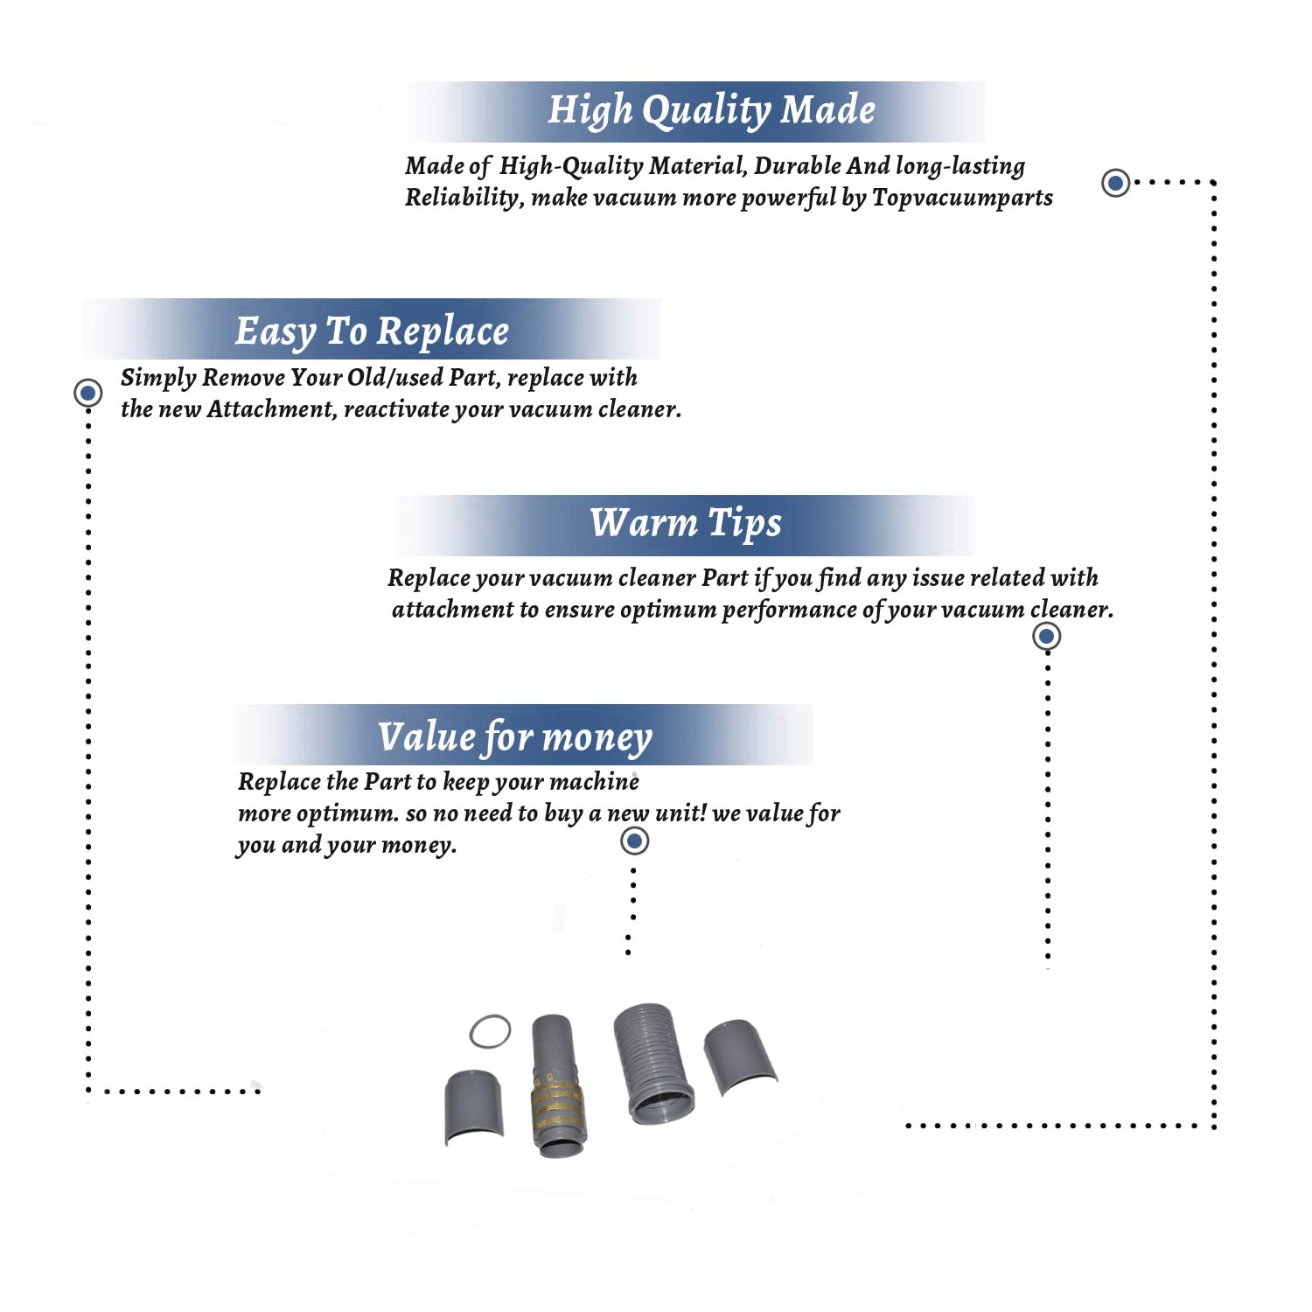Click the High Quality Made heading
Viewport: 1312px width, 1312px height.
point(711,111)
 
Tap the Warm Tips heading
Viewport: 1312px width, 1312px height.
point(685,524)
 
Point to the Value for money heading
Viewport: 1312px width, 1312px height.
point(514,737)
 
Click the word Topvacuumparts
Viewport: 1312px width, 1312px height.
point(962,199)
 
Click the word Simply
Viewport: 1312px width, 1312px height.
point(158,378)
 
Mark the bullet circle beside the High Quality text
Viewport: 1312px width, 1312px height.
point(1115,183)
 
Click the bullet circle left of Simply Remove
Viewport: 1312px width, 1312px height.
point(87,393)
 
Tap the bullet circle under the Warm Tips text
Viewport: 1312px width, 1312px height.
point(1046,636)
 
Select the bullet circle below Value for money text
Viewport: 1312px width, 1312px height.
point(634,841)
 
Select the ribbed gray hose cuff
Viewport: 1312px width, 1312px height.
point(653,1064)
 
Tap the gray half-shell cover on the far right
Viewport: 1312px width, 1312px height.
point(740,1057)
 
